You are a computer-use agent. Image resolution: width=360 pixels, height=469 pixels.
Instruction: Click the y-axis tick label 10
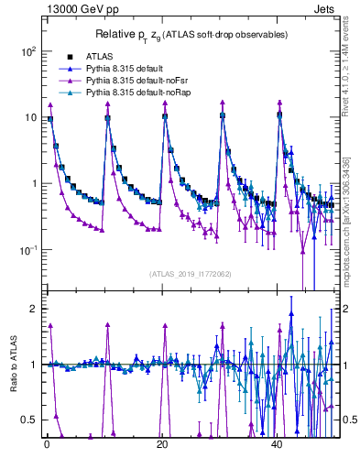coord(29,117)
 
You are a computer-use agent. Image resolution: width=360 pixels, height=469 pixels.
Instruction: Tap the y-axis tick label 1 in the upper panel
coord(33,183)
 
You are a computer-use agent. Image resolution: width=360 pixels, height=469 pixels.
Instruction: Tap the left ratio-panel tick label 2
coord(34,309)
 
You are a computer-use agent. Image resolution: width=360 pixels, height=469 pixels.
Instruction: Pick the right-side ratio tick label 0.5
coord(348,420)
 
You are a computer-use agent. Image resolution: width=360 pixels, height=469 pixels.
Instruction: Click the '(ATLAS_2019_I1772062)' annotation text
coord(189,273)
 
